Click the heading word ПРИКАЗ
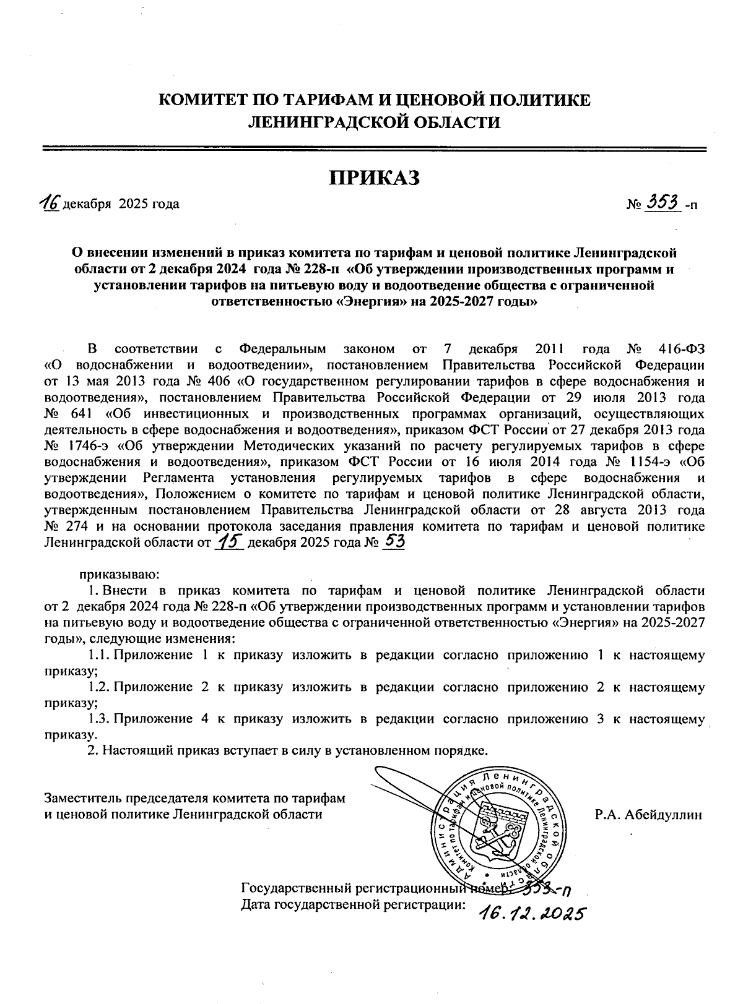pyautogui.click(x=374, y=178)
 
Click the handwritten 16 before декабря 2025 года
pyautogui.click(x=48, y=202)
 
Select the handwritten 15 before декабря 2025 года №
pyautogui.click(x=230, y=542)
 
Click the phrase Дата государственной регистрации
pyautogui.click(x=352, y=905)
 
